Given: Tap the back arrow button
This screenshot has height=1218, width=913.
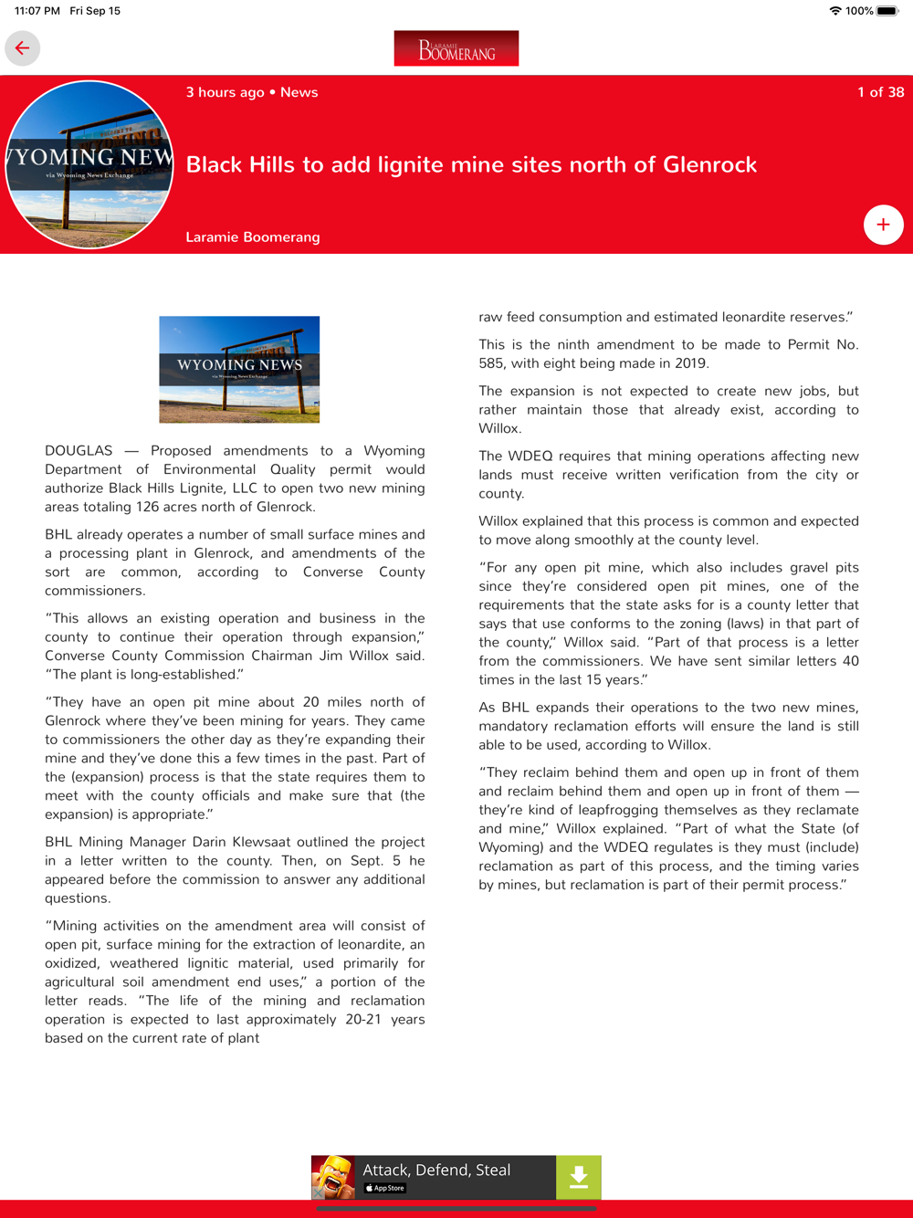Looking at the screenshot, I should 22,48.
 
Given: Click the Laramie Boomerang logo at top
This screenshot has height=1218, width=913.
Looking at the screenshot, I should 456,48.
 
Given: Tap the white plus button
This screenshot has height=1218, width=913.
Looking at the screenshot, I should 883,225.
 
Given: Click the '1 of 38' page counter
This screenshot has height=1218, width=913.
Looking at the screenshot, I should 880,92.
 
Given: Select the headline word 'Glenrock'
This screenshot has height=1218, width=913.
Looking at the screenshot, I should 709,164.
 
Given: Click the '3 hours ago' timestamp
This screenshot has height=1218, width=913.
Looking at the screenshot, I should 225,92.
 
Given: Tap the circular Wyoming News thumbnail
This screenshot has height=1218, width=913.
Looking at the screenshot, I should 89,164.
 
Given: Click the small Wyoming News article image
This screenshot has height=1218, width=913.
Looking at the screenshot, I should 239,370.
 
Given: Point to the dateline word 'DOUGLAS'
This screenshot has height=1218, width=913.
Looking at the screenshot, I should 79,451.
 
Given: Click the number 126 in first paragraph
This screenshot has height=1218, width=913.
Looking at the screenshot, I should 147,507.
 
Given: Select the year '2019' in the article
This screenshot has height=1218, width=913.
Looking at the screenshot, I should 690,363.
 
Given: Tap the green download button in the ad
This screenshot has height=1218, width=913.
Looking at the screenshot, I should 578,1178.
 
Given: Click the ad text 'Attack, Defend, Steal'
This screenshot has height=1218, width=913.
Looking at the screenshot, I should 436,1170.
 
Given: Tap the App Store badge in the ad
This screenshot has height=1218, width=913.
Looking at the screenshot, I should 385,1189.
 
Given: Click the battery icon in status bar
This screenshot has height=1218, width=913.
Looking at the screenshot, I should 887,11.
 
